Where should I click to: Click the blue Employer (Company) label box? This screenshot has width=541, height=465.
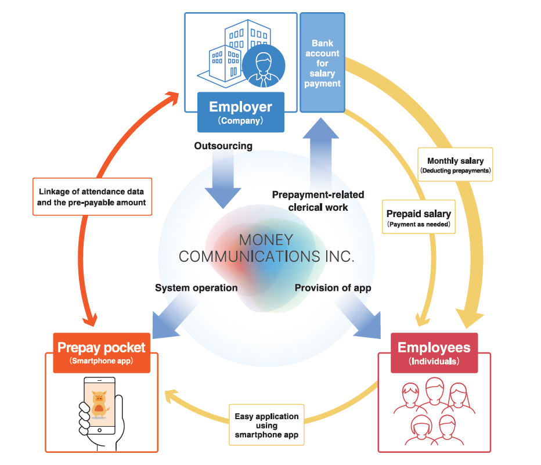(240, 111)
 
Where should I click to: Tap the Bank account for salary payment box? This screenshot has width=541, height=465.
(322, 63)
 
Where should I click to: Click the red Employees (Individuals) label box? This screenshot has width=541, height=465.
(434, 352)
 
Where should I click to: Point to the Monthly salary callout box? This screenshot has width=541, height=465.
(455, 165)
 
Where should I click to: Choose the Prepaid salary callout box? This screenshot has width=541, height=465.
(419, 217)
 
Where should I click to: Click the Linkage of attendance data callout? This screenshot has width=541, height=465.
(92, 196)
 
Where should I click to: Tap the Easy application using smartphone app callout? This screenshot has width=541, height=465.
(266, 425)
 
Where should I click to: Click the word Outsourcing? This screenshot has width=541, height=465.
(223, 146)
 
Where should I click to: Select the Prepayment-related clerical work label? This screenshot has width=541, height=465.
(310, 201)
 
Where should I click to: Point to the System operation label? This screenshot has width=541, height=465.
(196, 287)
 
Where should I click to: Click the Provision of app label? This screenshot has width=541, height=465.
(333, 287)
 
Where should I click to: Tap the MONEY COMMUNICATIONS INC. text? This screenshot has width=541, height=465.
(266, 248)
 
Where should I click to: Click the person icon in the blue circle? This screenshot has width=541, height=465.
(263, 67)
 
